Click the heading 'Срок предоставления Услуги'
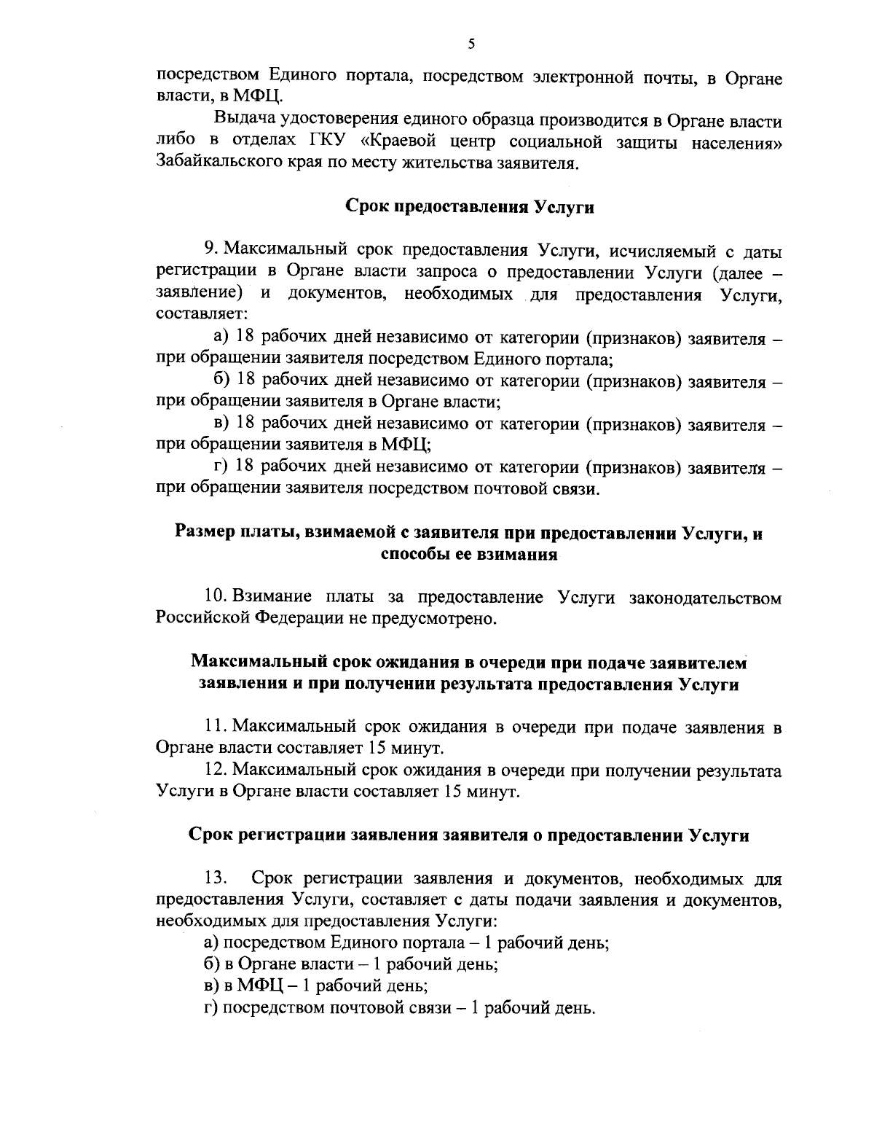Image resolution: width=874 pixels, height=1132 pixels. pos(469,207)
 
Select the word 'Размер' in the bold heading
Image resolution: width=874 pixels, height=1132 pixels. pos(205,533)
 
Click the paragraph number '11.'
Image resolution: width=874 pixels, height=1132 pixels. pos(216,727)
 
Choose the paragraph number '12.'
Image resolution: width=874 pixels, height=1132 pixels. pos(217,770)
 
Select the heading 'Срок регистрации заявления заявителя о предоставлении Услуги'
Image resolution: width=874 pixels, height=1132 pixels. pos(469,835)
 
